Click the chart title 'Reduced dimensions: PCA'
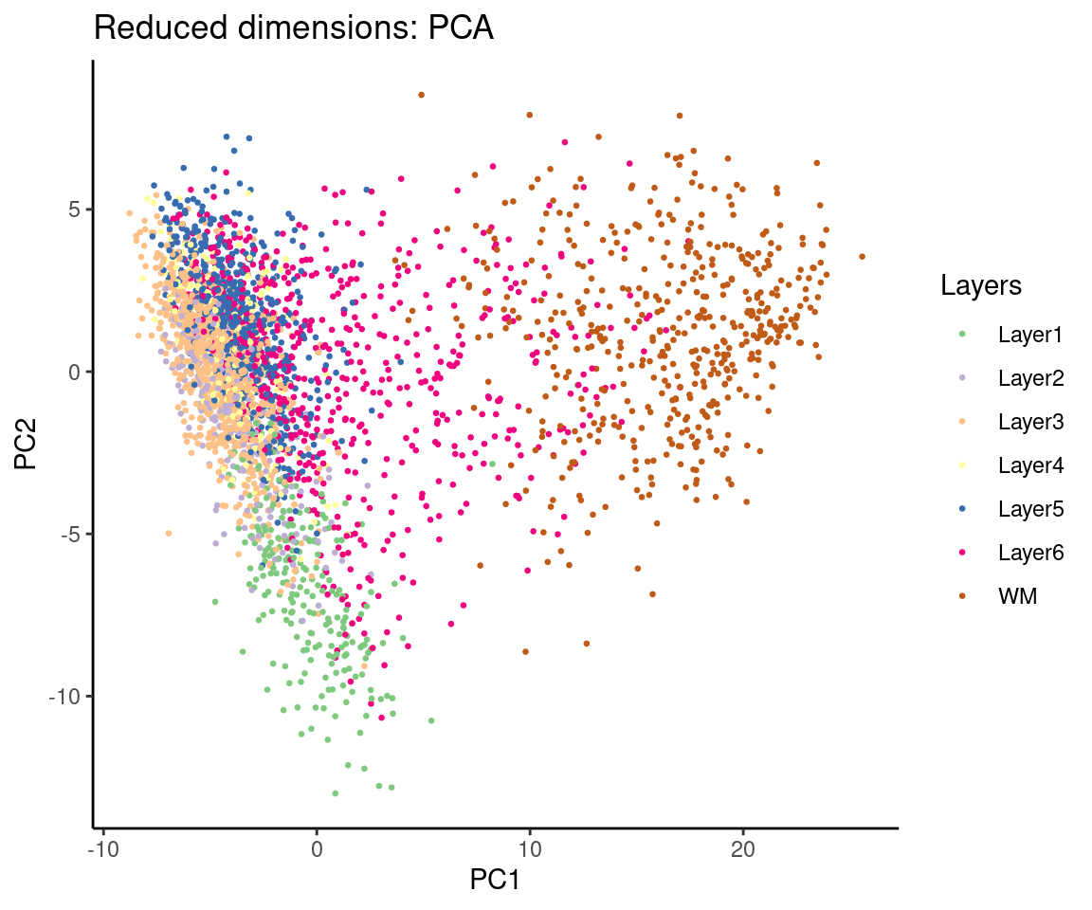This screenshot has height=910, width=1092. pos(294,29)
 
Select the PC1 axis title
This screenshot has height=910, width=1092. pos(494,881)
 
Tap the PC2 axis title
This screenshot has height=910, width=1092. pos(27,444)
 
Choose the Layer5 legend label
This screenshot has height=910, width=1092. pos(1030,509)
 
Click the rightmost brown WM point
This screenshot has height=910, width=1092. pos(862,256)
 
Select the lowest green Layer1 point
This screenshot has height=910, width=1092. pos(335,792)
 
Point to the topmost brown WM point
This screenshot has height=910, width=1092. pos(422,95)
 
